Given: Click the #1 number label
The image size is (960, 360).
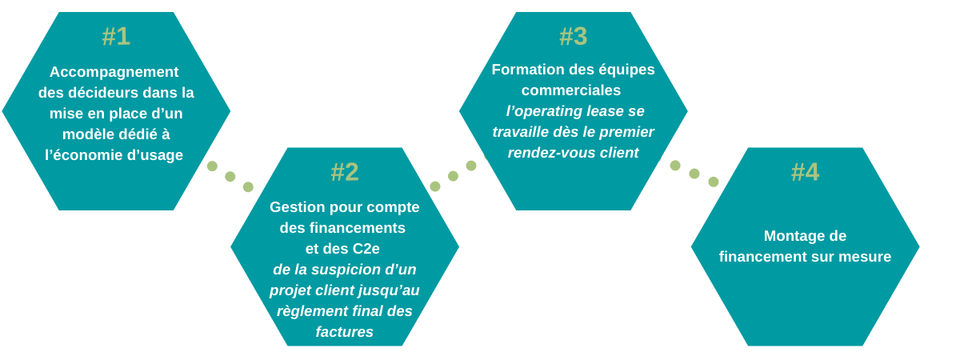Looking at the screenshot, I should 116,37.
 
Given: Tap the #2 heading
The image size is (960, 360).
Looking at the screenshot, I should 345,172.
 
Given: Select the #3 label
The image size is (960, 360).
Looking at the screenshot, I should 573,37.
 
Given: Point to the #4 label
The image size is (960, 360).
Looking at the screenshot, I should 805,172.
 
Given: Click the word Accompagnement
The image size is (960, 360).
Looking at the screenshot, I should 114,72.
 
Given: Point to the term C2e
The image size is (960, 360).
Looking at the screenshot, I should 366,249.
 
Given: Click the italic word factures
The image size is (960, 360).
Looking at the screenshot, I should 344,332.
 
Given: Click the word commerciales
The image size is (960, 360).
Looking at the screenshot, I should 571,90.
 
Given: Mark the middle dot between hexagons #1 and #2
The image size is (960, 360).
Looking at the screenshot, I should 230,177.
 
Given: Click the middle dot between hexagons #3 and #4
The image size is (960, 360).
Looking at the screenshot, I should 694,174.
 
